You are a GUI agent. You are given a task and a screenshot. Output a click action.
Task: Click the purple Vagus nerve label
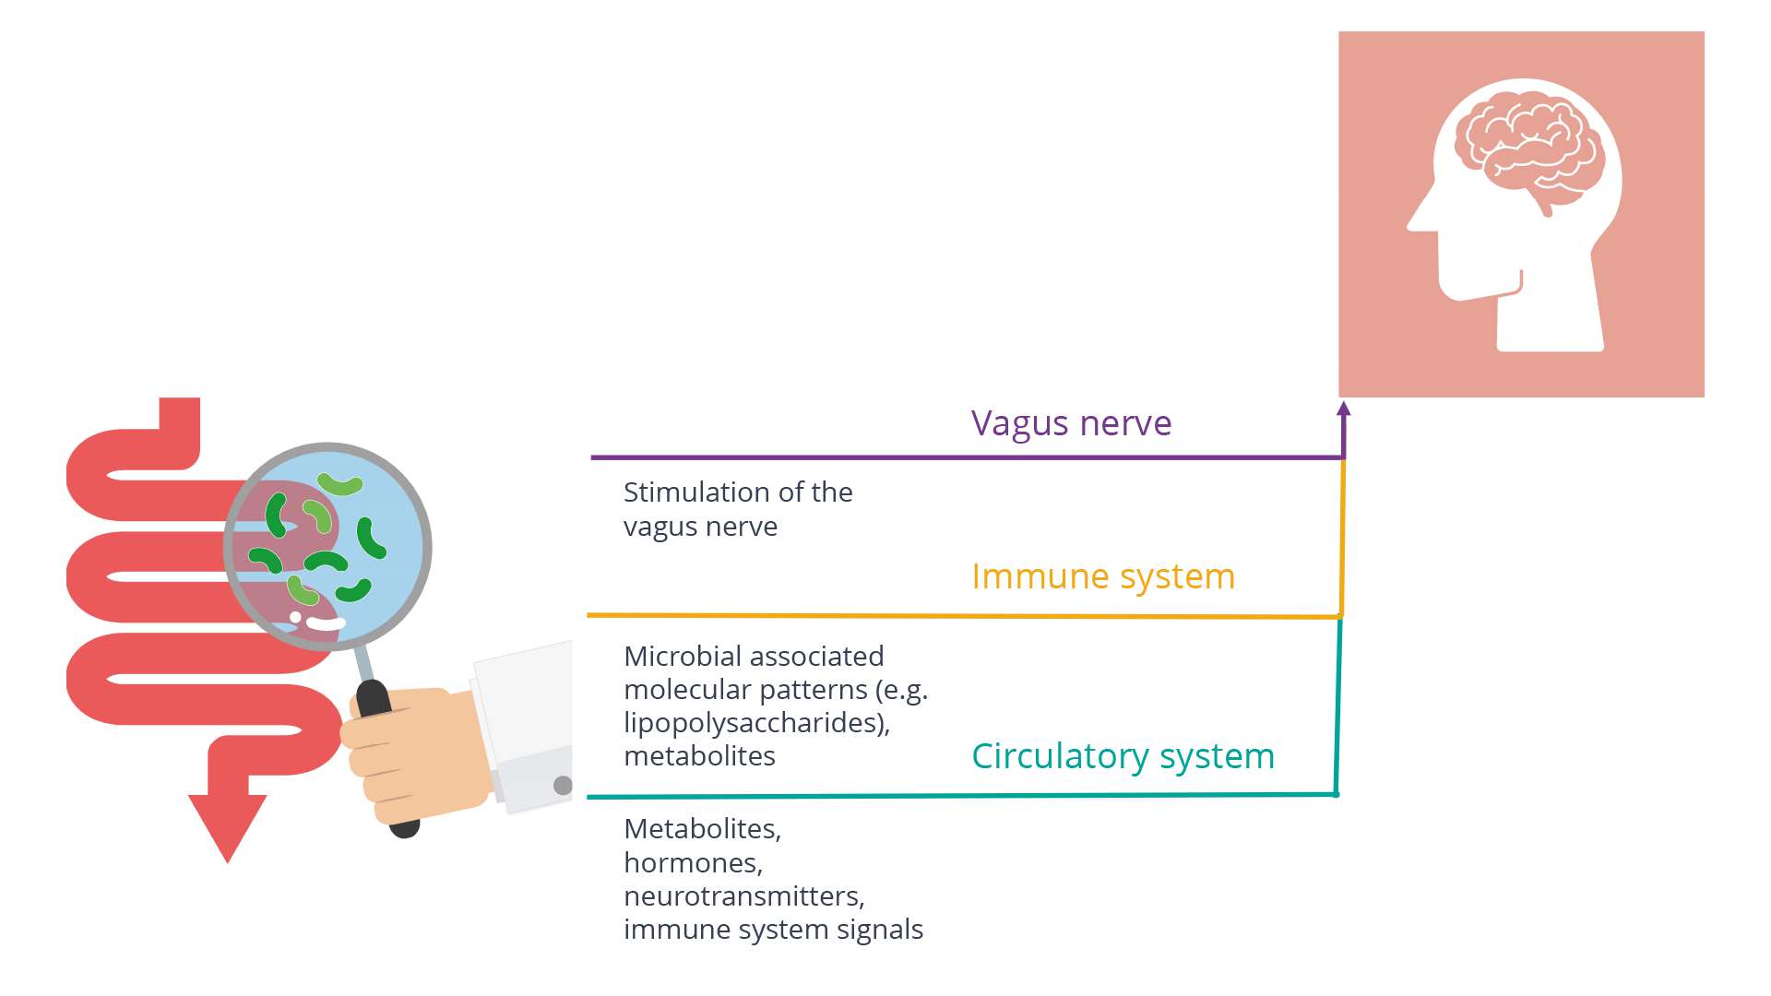coord(1071,423)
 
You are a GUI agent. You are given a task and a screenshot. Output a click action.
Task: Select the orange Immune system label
coord(1102,576)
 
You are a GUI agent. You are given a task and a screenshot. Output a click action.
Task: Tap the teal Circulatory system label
coord(1123,756)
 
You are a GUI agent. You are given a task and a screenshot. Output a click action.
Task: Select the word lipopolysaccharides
coord(755,723)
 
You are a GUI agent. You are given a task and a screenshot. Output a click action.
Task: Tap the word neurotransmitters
coord(743,896)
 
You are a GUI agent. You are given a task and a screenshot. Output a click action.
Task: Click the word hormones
coord(692,863)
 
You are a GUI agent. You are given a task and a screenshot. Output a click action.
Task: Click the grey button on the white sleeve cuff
coord(563,786)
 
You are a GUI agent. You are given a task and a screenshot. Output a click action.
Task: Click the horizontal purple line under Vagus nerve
coord(922,457)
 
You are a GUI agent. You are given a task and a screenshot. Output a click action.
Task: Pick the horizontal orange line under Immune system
coord(922,615)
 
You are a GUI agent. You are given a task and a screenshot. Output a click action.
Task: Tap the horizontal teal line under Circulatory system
coord(922,796)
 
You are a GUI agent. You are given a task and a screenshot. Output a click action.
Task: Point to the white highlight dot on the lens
coord(295,617)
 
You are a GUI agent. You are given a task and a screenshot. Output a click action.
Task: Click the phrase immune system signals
coord(773,930)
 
